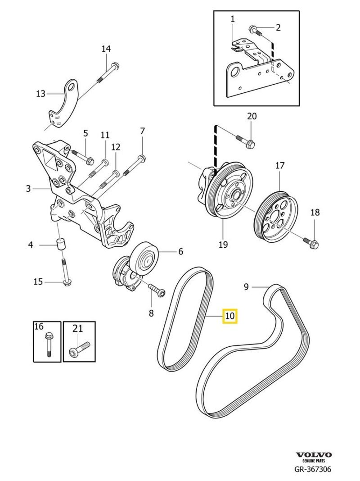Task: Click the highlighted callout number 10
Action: click(229, 316)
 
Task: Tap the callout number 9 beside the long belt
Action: click(246, 286)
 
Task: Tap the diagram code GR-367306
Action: click(313, 470)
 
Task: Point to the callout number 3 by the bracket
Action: click(28, 189)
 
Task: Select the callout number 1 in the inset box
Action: click(233, 19)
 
